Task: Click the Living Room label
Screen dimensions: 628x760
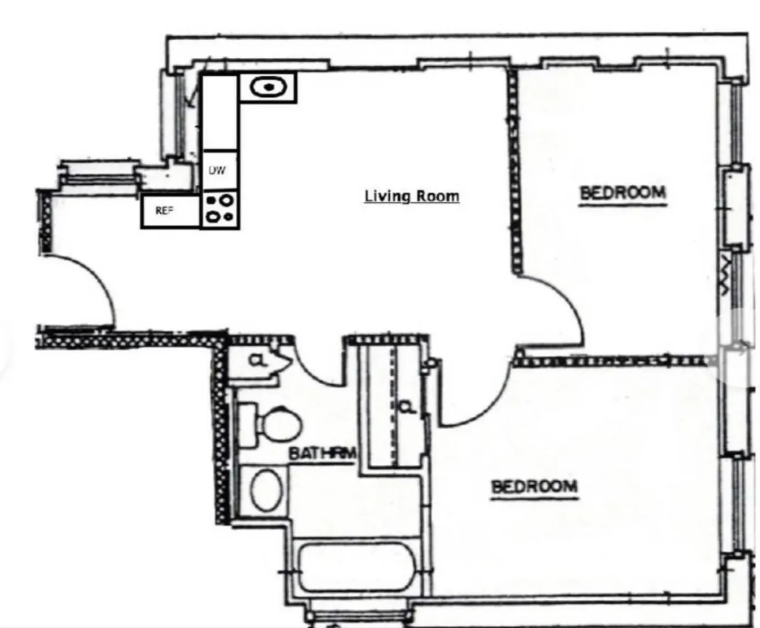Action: click(x=412, y=196)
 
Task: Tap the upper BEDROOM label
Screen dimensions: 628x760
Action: click(x=623, y=193)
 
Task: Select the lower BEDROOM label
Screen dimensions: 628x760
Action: click(x=534, y=487)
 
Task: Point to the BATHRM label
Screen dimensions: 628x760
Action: click(x=323, y=453)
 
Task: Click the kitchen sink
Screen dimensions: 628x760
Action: click(x=268, y=87)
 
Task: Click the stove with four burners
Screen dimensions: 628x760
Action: click(x=220, y=210)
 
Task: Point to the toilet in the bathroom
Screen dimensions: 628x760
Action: click(x=275, y=426)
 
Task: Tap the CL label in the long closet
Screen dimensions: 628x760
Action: click(x=407, y=408)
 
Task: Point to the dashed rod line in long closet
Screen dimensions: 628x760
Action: click(x=393, y=405)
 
